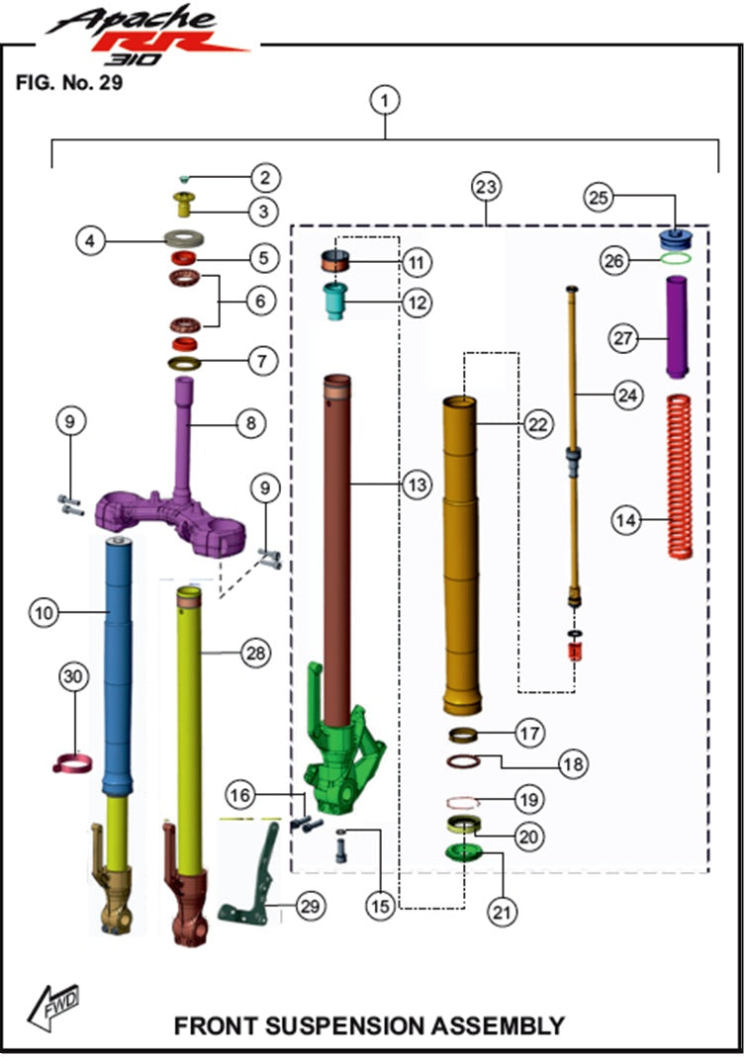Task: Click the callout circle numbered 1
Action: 386,100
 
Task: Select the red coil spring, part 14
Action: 679,475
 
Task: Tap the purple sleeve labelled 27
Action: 678,326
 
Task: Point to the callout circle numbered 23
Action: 488,186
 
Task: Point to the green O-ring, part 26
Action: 675,259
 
